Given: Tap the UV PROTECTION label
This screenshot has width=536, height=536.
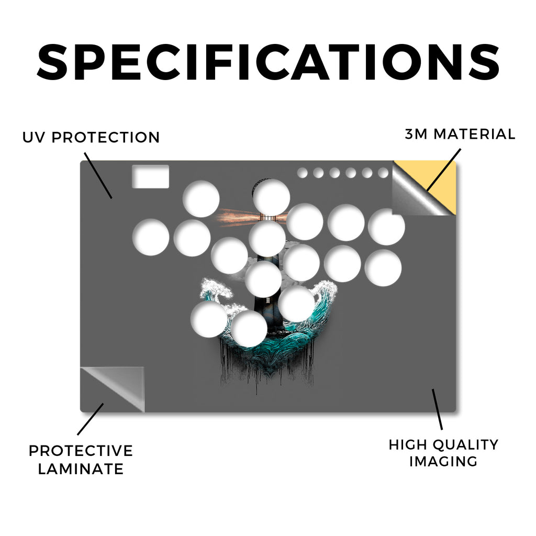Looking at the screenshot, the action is tap(91, 138).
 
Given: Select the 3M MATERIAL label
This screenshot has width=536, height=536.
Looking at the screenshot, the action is tap(460, 134).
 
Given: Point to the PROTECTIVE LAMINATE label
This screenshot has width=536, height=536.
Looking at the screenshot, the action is tap(81, 460).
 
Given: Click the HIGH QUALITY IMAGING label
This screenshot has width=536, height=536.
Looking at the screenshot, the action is tap(443, 453).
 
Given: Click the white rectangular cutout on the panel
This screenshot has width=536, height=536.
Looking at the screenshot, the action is tap(150, 176).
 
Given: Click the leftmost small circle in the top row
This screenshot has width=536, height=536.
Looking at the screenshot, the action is tap(302, 173).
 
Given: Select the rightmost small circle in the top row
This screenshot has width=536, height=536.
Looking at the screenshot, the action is tap(383, 173).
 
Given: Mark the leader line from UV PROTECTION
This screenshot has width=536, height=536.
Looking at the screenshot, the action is tap(98, 175).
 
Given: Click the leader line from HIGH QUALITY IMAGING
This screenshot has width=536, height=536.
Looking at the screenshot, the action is tap(437, 409).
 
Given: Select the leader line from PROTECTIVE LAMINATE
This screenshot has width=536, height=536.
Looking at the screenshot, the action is tap(91, 419).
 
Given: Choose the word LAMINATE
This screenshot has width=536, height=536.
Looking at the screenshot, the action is tap(81, 468).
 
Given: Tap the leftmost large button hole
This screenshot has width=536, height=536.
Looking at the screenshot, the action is tap(151, 237).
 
